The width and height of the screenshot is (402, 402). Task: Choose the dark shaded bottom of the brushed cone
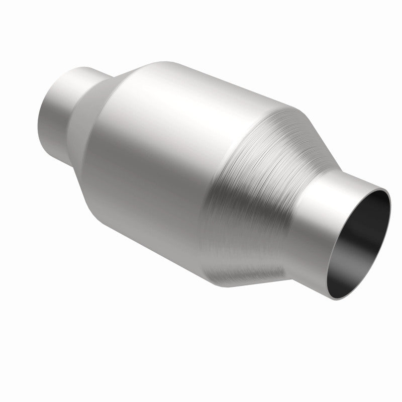pos(236,271)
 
